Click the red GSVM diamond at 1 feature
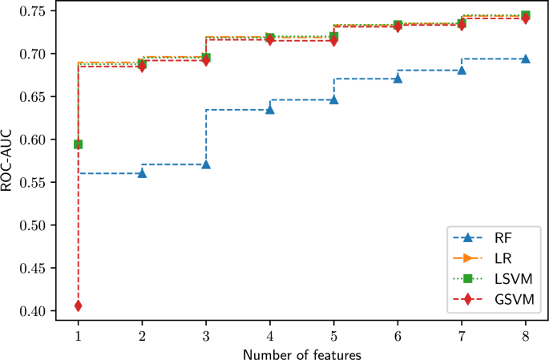click(x=78, y=305)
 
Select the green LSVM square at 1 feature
click(x=78, y=144)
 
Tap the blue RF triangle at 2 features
click(x=142, y=173)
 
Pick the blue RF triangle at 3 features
click(x=206, y=164)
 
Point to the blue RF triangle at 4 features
click(x=270, y=109)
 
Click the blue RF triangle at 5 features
click(x=333, y=99)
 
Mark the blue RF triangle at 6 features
click(x=398, y=79)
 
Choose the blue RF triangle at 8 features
click(x=525, y=59)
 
